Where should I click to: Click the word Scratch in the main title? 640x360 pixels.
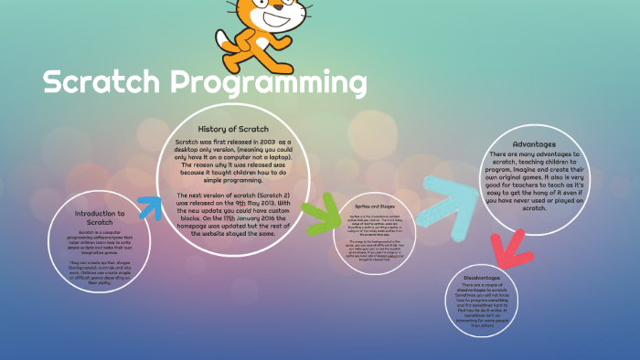tap(103, 85)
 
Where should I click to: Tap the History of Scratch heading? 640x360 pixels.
tap(233, 129)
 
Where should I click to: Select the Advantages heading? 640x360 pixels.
tap(533, 143)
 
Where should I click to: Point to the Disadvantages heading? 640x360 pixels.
tap(497, 277)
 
